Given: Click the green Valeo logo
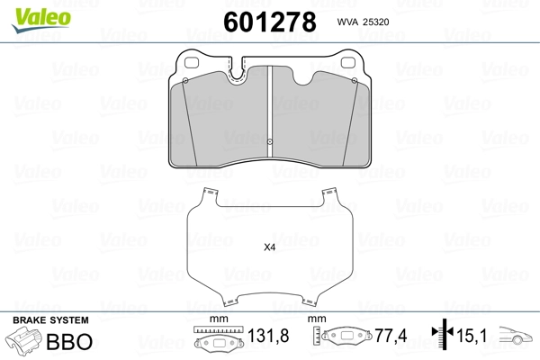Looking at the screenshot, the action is [41, 20].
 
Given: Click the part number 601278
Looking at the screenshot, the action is [270, 22].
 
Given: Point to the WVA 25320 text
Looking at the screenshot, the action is [363, 22].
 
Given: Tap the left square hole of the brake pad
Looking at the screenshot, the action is [192, 63].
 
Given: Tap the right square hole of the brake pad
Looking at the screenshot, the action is [347, 62].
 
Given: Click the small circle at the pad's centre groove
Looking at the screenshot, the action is [270, 141].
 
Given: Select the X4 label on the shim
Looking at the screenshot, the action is [270, 247].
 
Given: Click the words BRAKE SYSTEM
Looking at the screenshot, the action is [50, 320].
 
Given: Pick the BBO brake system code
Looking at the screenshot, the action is [69, 341].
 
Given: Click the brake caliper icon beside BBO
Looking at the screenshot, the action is [23, 340].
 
